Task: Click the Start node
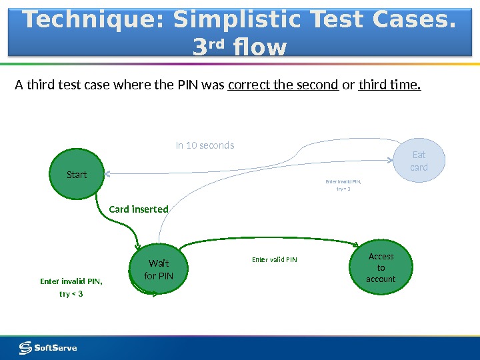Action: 77,175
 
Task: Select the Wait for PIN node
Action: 158,269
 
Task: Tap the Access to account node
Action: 381,267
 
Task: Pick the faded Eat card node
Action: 419,161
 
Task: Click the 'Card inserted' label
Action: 139,209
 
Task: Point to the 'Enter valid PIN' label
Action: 274,259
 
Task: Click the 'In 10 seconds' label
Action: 205,145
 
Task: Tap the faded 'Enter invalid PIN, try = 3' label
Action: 343,185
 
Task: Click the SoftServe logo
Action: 48,347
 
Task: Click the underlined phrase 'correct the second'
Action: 283,86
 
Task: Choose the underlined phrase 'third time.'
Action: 390,86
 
